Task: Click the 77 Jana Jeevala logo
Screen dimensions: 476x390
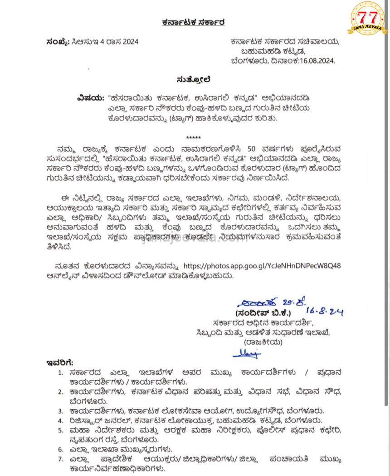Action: pos(367,19)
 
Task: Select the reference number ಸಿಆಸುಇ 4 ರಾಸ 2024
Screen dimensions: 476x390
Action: pos(104,42)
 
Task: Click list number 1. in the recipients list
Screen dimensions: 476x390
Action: pos(61,372)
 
